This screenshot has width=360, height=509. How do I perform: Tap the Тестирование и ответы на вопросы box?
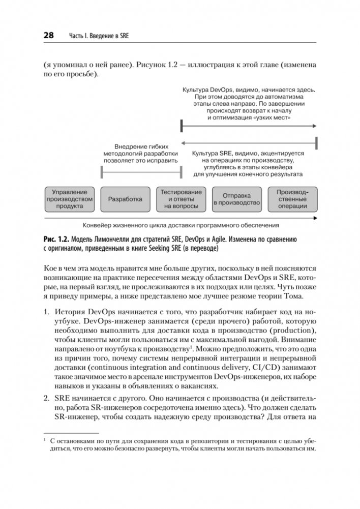(182, 199)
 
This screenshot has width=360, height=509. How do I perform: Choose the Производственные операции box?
(292, 199)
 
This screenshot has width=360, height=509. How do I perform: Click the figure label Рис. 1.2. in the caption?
(56, 239)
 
